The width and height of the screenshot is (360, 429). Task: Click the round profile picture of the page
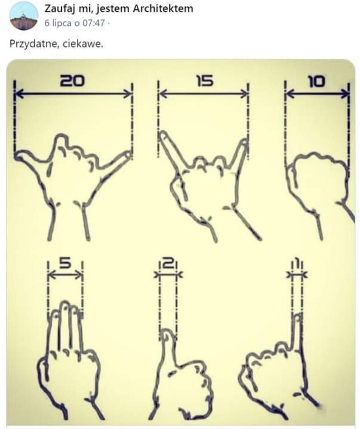(24, 16)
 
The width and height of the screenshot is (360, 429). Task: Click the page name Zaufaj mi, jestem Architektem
(119, 9)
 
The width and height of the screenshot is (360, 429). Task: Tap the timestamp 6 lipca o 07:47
(75, 23)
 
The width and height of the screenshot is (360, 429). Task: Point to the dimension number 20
(72, 81)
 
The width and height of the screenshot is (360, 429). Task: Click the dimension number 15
(204, 81)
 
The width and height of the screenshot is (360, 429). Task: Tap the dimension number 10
(317, 81)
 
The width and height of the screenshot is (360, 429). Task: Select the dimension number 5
(65, 263)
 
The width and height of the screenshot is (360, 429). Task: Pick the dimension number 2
(168, 264)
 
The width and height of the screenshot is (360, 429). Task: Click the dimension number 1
(297, 264)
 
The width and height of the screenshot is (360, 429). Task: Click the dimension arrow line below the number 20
(73, 94)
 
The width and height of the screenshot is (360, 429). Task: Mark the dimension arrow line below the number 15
(204, 94)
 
